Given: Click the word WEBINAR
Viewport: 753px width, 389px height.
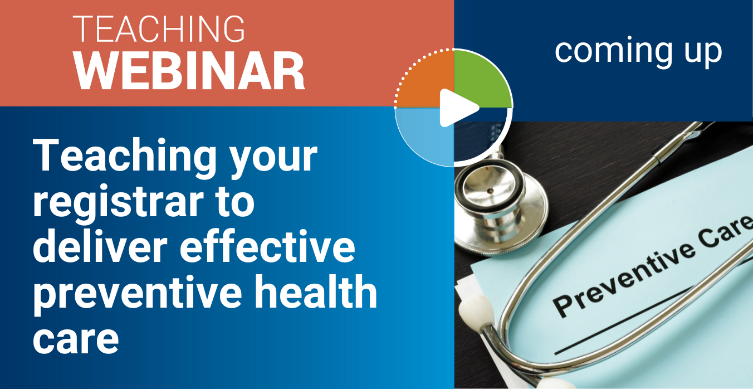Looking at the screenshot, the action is coord(189,71).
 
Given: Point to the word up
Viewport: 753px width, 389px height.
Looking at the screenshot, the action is coord(703,55).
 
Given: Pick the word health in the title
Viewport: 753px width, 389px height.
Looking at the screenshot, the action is coord(316,291).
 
